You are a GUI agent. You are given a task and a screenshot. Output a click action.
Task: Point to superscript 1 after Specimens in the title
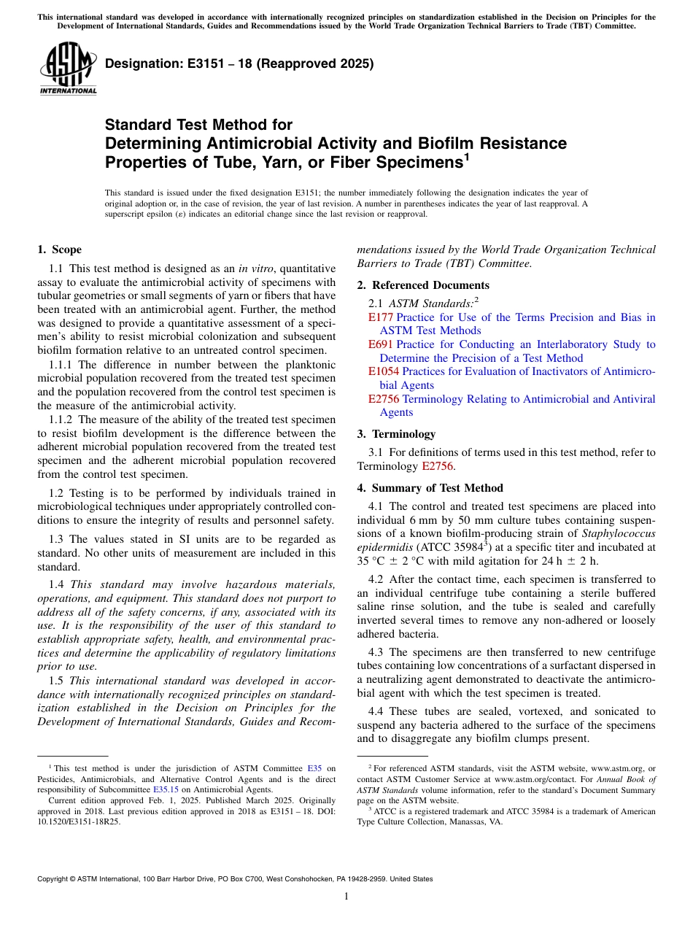[466, 155]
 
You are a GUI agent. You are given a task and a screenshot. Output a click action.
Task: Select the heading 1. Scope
[60, 250]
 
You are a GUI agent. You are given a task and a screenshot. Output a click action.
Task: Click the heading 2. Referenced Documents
[423, 285]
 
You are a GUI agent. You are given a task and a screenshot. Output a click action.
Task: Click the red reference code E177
[380, 317]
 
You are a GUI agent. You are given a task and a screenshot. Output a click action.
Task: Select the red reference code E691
[380, 344]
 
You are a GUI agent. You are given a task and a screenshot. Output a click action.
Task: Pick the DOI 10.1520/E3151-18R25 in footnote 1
[79, 821]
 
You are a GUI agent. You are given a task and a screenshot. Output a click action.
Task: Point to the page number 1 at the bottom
[346, 896]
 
